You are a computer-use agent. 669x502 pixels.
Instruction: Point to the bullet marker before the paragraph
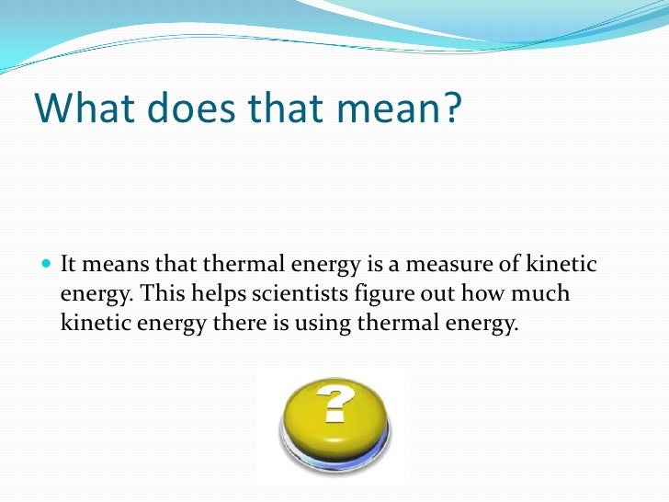(x=47, y=267)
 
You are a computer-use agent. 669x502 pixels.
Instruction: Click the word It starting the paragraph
(x=68, y=267)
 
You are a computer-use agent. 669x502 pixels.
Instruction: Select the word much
(x=545, y=296)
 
